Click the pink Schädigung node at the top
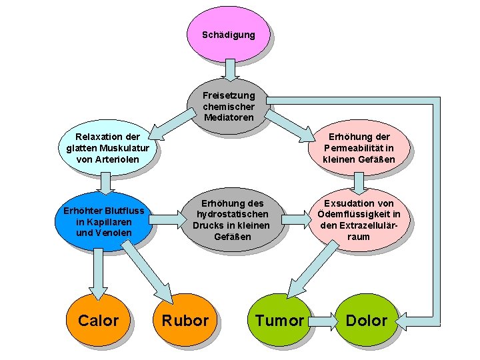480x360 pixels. pos(229,34)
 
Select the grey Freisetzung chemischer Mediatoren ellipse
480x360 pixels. pos(229,107)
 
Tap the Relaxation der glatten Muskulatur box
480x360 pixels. pos(103,148)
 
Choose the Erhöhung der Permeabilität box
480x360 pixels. pos(358,148)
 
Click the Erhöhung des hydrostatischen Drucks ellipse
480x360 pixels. pos(231,220)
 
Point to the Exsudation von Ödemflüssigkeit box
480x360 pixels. pos(358,220)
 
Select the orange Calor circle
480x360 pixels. pos(98,321)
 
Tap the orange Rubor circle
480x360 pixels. pos(185,321)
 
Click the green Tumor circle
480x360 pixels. pos(279,321)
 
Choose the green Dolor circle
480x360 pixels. pos(366,321)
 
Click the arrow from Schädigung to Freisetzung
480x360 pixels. pos(229,69)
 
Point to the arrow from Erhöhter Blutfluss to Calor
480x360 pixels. pos(98,273)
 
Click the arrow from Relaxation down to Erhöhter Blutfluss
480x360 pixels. pos(103,182)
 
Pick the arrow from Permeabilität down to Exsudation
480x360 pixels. pos(358,181)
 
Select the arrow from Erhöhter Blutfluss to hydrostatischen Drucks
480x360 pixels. pos(167,216)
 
